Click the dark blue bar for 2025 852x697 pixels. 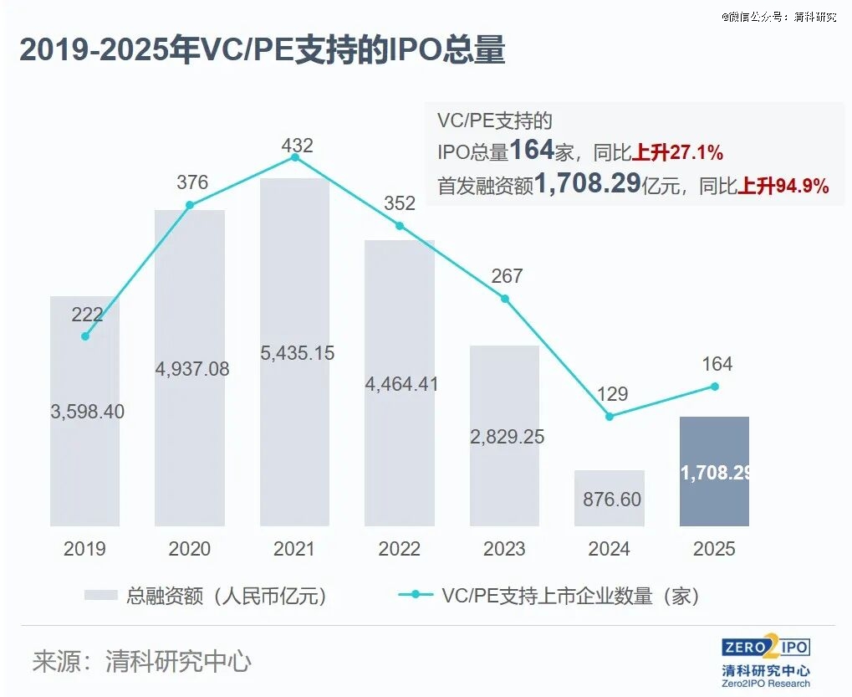[714, 471]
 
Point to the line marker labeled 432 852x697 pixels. [294, 157]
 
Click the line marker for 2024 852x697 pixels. [609, 416]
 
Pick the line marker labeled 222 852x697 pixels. [85, 336]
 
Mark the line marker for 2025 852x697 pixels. [714, 386]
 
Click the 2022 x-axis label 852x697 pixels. [399, 550]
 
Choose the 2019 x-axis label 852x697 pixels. [85, 550]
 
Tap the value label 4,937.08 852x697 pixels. [190, 369]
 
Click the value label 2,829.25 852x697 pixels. [504, 438]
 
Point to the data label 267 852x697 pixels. [507, 275]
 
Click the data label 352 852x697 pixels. [400, 203]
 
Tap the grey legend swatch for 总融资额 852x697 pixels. [101, 596]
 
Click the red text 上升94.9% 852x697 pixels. [783, 187]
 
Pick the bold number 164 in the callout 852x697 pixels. [532, 151]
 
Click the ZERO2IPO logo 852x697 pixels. [765, 648]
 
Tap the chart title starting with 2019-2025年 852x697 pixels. [262, 51]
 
